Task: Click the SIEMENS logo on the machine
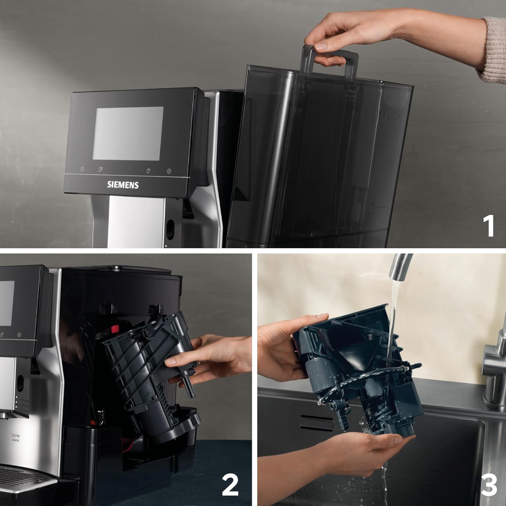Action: coord(123,185)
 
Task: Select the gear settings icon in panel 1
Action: coord(169,171)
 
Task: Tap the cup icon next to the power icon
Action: coord(100,169)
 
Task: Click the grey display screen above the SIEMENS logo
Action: coord(128,133)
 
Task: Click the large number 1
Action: coord(488,226)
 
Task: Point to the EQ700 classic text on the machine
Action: coord(16,438)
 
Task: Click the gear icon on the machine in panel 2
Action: coord(19,335)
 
